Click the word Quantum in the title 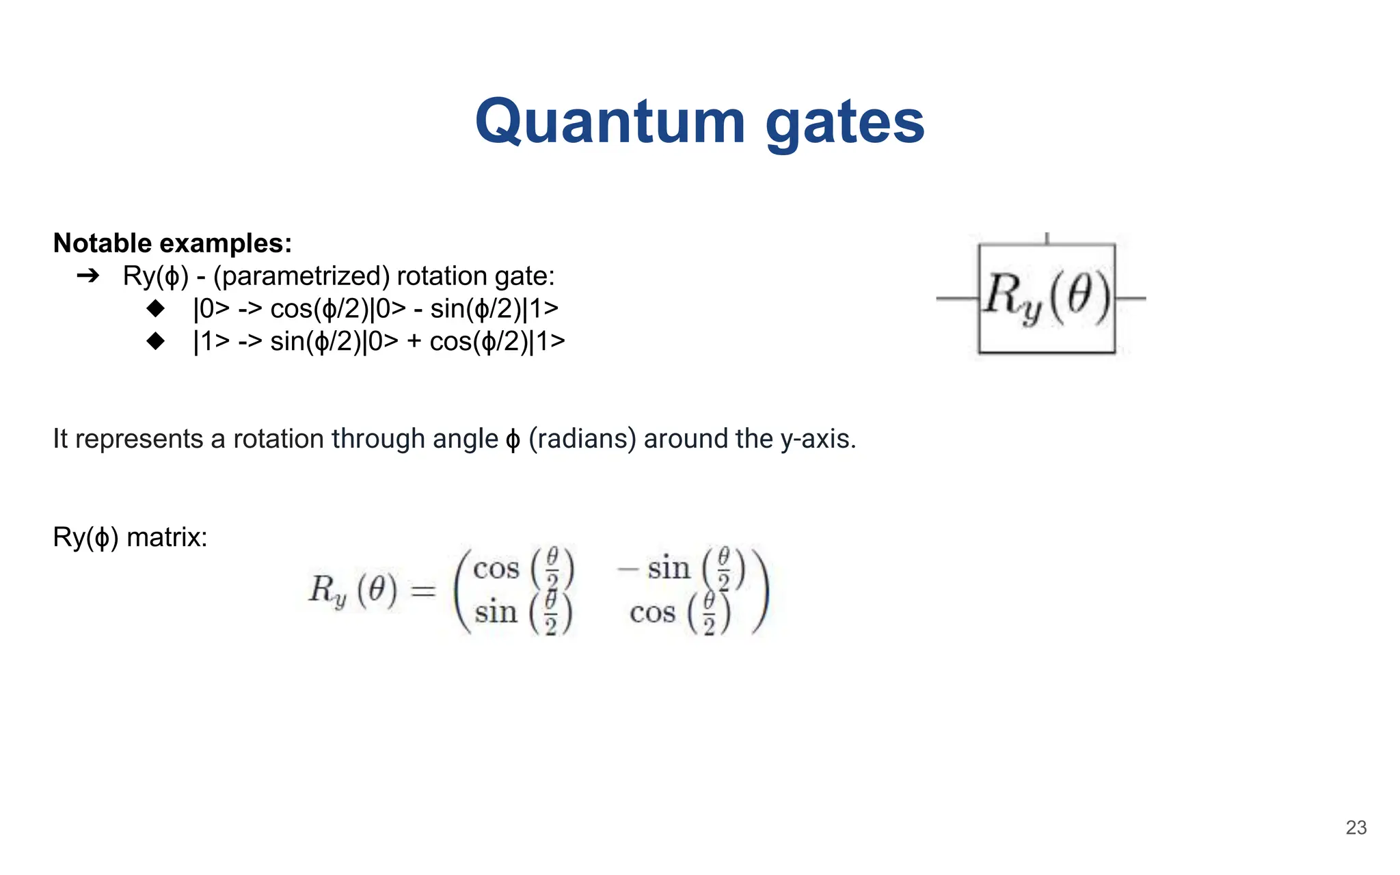coord(610,122)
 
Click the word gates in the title coord(845,123)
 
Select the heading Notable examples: coord(172,243)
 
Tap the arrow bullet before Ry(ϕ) coord(88,276)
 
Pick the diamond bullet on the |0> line coord(156,308)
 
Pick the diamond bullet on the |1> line coord(156,340)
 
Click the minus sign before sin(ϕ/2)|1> coord(418,310)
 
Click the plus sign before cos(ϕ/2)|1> coord(414,342)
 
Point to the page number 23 coord(1356,828)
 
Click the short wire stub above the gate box coord(1047,238)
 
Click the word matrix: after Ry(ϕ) coord(167,537)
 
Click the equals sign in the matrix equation coord(423,590)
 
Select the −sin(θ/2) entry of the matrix coord(681,568)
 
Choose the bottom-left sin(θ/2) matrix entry coord(523,612)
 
